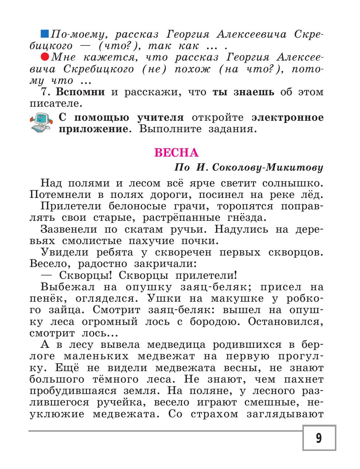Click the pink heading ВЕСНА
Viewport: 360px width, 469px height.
click(176, 153)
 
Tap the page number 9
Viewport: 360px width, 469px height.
click(319, 438)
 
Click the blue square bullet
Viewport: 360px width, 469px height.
click(44, 34)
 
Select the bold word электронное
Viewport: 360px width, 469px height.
click(287, 117)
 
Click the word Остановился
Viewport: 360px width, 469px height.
click(285, 321)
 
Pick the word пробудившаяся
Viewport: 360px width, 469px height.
click(68, 391)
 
